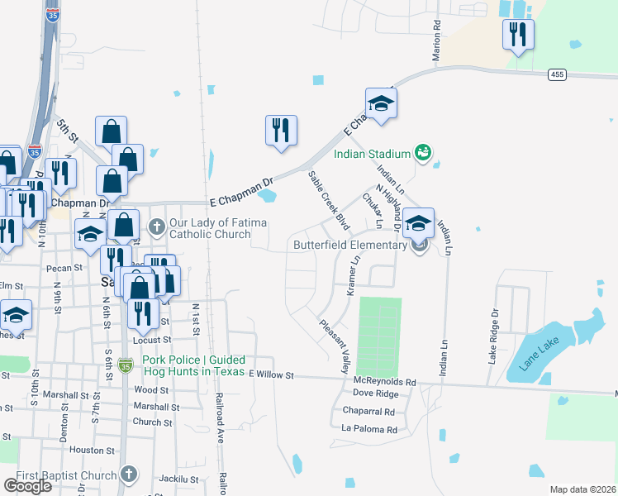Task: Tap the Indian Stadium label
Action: point(372,154)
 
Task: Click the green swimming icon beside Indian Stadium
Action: point(423,152)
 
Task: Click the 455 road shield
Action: point(557,75)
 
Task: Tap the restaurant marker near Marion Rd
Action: point(518,35)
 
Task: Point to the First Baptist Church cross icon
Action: point(127,475)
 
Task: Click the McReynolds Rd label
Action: point(386,381)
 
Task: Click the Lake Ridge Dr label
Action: point(495,336)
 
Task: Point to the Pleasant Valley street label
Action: point(335,346)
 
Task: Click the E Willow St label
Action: point(271,375)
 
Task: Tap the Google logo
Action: point(27,486)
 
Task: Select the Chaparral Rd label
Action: point(368,412)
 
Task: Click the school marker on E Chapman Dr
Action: point(381,103)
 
